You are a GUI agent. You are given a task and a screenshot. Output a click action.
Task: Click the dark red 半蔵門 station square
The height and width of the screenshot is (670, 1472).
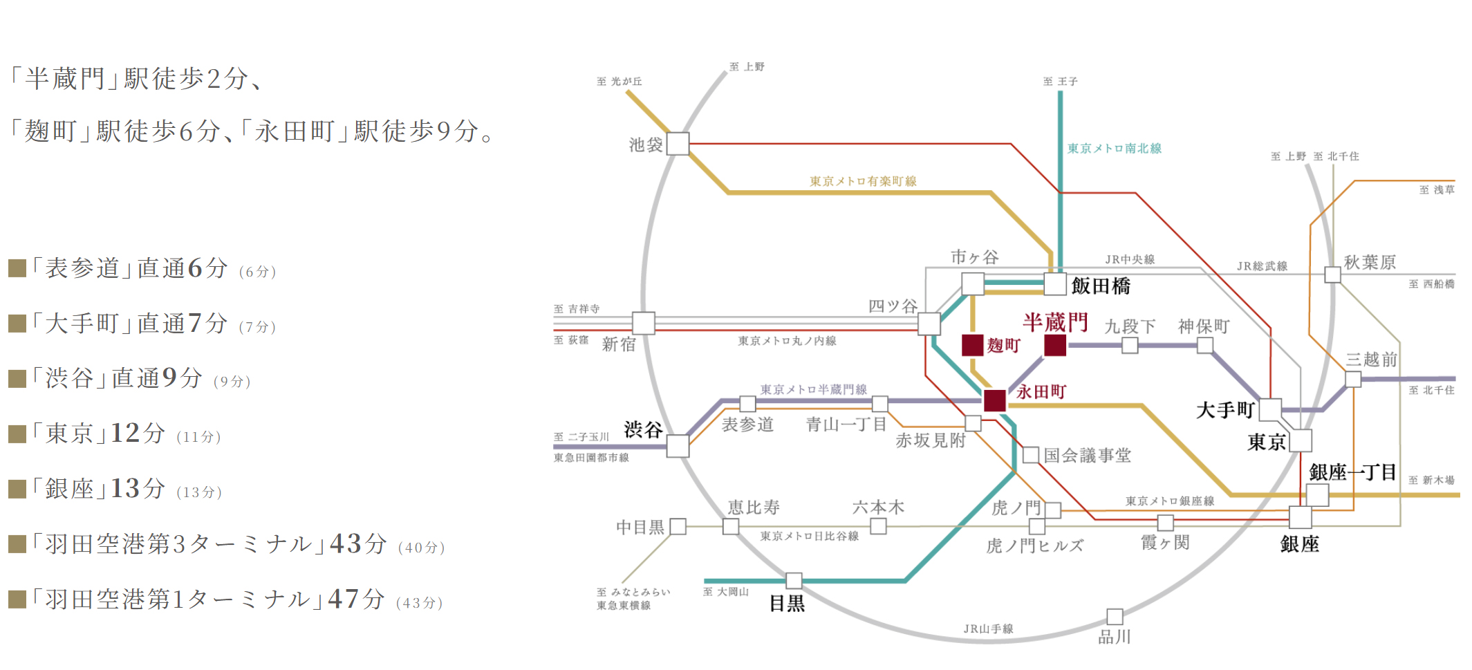point(1054,345)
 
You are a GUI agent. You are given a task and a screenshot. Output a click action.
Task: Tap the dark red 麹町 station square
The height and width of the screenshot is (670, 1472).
point(973,345)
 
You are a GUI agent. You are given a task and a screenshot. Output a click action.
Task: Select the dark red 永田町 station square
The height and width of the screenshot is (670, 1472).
point(994,400)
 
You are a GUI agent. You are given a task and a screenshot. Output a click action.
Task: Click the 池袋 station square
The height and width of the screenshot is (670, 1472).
point(678,144)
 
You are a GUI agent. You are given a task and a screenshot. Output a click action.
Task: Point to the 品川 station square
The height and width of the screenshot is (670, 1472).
point(1115,616)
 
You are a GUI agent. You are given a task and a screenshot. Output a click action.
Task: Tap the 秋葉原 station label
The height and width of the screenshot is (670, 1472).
point(1370,262)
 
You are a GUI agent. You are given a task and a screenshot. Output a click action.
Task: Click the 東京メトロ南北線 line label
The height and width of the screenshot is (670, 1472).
point(1114,149)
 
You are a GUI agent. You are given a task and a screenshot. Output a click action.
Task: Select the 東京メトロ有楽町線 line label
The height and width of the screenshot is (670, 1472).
point(863,181)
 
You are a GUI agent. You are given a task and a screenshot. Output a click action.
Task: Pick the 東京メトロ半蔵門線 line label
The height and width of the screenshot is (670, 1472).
point(813,389)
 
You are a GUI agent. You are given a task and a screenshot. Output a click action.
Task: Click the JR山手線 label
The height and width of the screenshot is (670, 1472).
point(988,629)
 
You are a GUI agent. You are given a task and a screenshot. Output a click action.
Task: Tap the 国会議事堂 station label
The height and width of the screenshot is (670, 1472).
point(1087,455)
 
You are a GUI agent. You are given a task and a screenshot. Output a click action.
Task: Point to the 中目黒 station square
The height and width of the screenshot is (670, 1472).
point(678,527)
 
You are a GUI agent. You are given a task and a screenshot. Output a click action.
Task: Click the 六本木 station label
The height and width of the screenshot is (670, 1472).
point(878,508)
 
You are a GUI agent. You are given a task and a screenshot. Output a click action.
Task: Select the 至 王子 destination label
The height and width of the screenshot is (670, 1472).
point(1060,82)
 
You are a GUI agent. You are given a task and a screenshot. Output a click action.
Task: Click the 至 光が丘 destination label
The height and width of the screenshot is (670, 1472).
point(619,82)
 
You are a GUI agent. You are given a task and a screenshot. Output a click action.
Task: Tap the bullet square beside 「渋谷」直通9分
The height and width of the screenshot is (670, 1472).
point(17,379)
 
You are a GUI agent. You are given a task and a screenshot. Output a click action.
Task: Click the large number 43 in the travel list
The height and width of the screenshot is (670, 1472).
point(345,543)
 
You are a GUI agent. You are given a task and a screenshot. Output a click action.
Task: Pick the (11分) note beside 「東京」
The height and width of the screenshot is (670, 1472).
point(198,437)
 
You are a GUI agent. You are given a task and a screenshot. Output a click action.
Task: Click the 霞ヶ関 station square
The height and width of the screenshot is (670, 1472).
point(1166,523)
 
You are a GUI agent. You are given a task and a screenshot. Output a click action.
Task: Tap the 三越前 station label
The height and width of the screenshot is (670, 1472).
point(1372,360)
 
